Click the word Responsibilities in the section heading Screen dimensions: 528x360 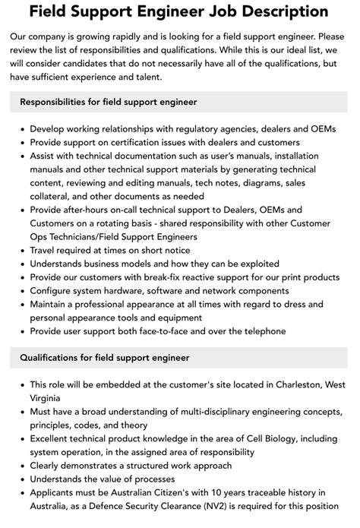click(62, 101)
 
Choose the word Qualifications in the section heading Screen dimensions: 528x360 click(56, 357)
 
